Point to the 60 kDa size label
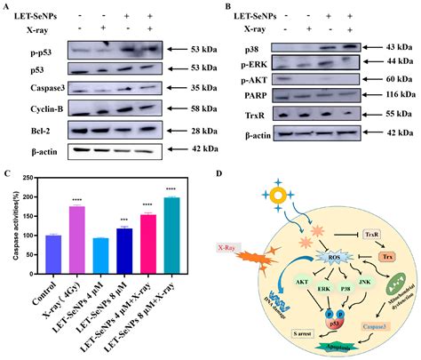[397, 78]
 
